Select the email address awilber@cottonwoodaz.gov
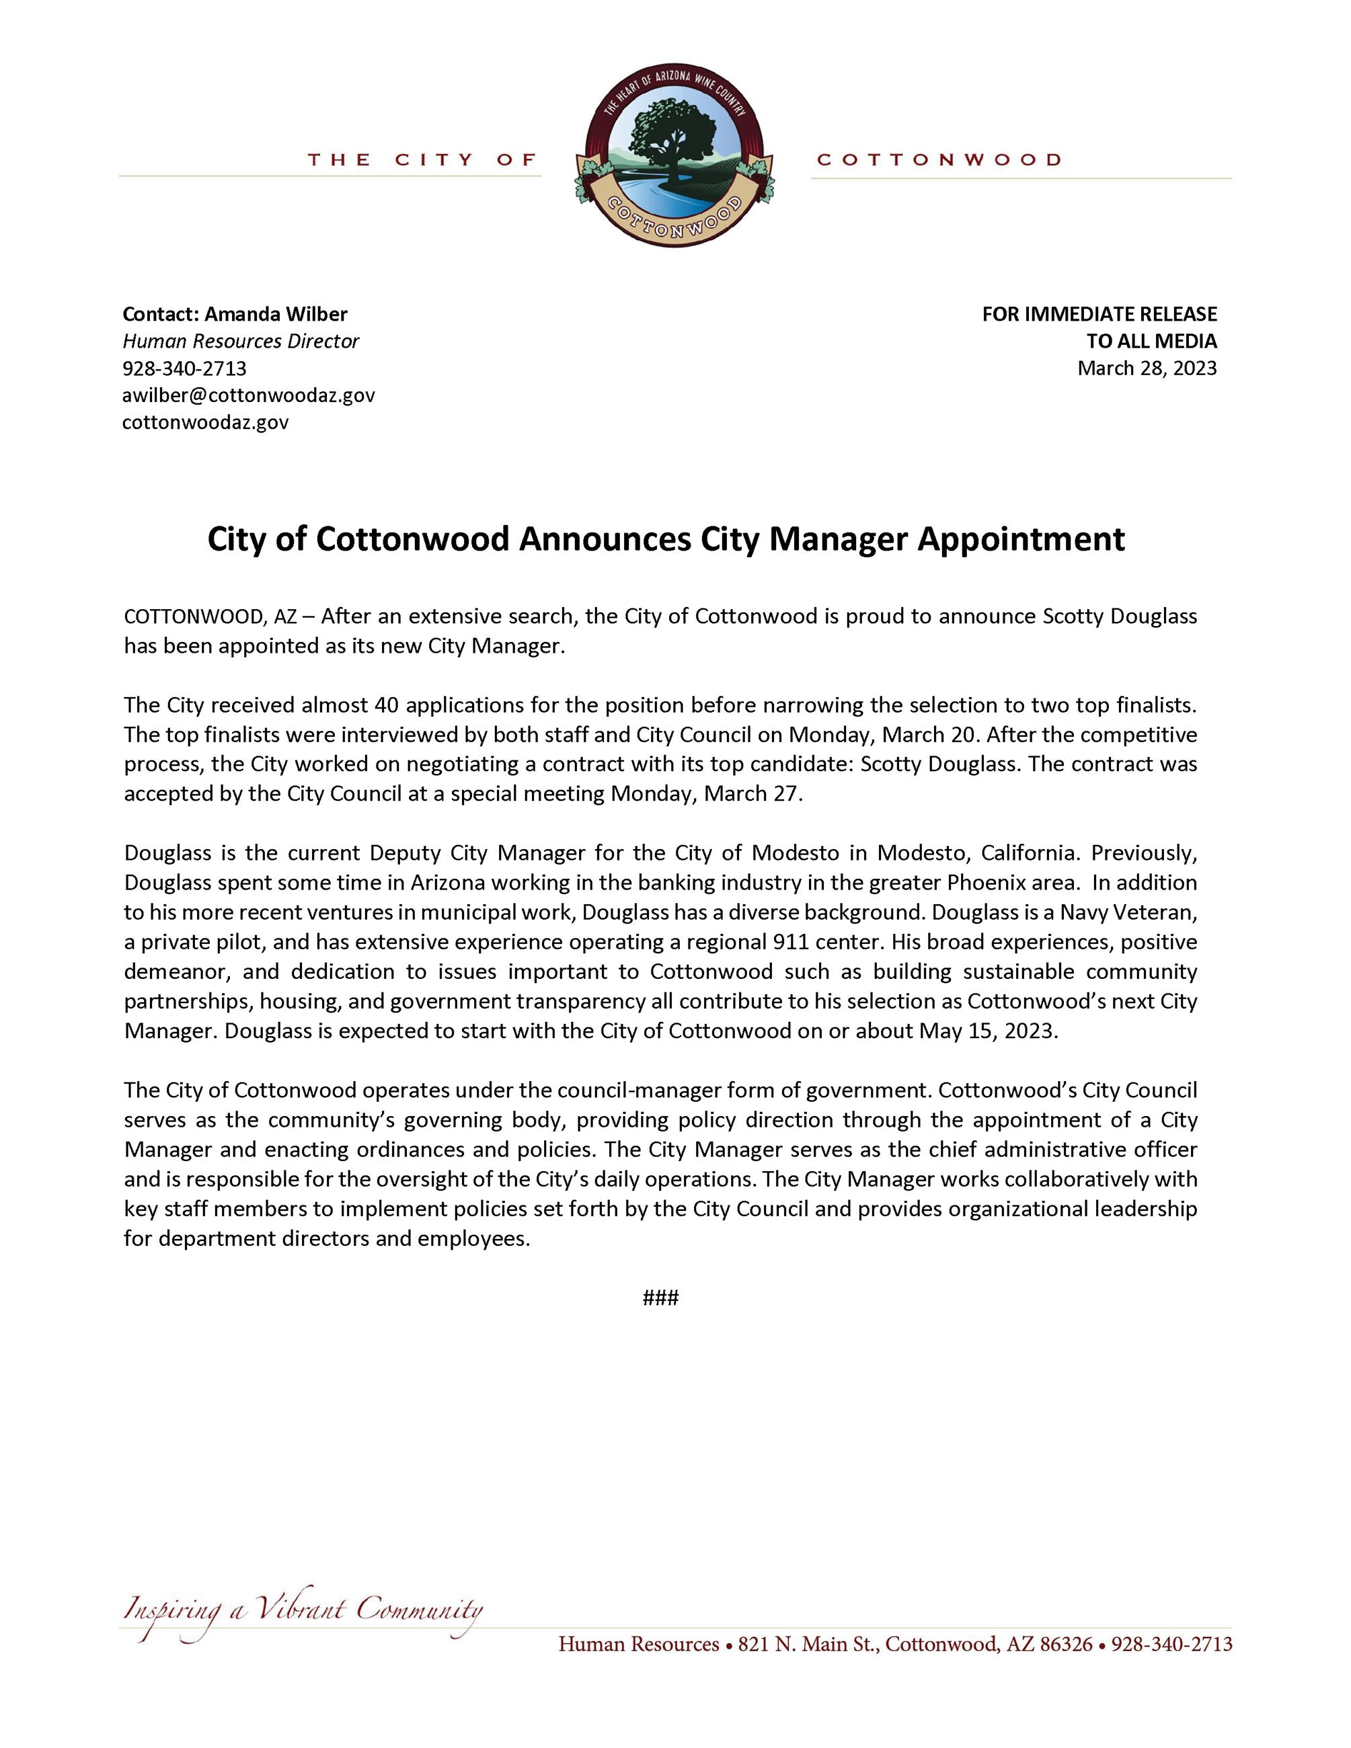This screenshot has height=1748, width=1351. (248, 395)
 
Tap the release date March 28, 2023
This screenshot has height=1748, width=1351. (1146, 368)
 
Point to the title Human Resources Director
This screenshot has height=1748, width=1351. (240, 341)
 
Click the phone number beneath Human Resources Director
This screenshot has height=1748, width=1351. (184, 368)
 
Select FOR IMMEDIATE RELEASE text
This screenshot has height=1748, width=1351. (1099, 314)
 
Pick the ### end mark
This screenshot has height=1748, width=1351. (660, 1298)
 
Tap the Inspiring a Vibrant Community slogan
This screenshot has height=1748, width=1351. (303, 1609)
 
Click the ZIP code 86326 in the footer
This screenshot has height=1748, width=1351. (1065, 1644)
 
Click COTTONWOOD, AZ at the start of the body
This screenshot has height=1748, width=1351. (210, 617)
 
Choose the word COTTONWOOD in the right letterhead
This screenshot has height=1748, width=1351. (939, 160)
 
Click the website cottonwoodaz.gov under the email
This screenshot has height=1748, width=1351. (205, 423)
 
